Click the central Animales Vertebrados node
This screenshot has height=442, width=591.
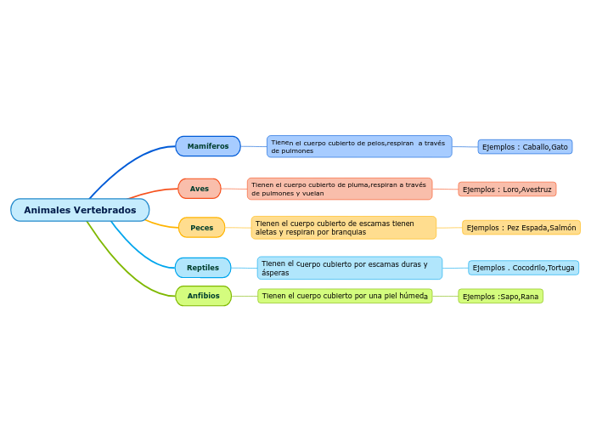[x=80, y=210]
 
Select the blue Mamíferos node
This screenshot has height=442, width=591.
[x=208, y=146]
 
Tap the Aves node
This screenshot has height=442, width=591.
[x=200, y=189]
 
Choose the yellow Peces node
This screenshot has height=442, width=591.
[x=201, y=228]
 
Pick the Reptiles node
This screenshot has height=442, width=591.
[x=203, y=268]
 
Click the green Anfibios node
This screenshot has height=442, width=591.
[x=204, y=296]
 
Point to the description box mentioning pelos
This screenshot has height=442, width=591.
[x=359, y=146]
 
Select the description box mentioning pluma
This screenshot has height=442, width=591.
[x=340, y=189]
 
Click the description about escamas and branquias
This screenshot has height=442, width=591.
[x=344, y=228]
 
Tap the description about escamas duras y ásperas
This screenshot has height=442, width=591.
[x=350, y=269]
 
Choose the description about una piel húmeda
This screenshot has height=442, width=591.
[x=345, y=296]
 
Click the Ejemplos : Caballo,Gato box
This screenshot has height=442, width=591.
[x=525, y=147]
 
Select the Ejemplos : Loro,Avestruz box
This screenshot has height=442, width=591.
[x=507, y=190]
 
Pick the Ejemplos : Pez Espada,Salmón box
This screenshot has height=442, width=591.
[x=521, y=228]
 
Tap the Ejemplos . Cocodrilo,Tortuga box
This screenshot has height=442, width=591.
[x=523, y=268]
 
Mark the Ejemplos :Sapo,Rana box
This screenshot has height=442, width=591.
[x=500, y=297]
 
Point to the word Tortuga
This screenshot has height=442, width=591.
[x=561, y=268]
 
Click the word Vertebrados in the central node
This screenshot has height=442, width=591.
[x=104, y=210]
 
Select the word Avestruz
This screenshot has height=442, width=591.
[x=536, y=190]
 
